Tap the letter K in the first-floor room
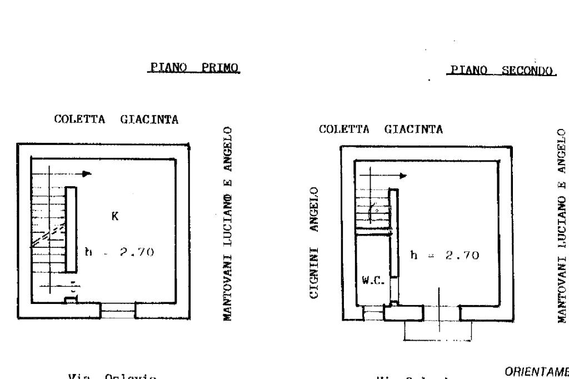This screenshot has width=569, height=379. pyautogui.click(x=115, y=216)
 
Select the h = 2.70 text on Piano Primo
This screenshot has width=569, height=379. pyautogui.click(x=118, y=252)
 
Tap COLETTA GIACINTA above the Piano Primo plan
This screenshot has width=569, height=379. pyautogui.click(x=116, y=119)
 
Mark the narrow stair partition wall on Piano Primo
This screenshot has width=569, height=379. pyautogui.click(x=71, y=230)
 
